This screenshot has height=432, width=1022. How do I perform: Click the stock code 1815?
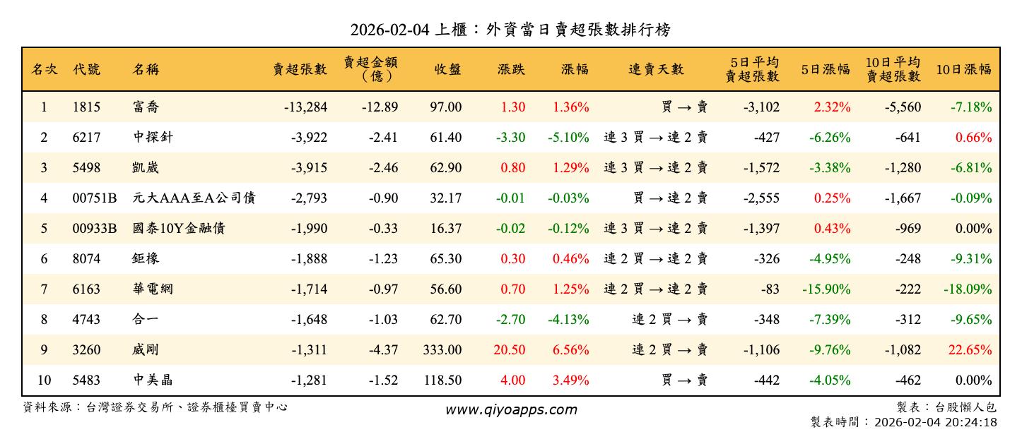[86, 107]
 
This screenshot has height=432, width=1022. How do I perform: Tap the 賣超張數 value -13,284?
[305, 107]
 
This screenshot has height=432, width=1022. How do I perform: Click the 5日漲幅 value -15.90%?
[826, 289]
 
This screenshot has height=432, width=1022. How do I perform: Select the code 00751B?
[95, 198]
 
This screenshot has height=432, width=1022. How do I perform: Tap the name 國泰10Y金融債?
[178, 229]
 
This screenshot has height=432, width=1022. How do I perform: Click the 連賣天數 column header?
[656, 69]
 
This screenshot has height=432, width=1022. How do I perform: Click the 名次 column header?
[44, 69]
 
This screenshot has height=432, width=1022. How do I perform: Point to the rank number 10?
[44, 380]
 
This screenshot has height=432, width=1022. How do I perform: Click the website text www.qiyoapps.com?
[511, 409]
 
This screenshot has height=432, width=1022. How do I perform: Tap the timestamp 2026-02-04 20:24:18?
[935, 422]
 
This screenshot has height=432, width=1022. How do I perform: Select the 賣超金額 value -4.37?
[383, 350]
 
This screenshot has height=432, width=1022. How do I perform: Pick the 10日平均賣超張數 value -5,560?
[903, 107]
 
